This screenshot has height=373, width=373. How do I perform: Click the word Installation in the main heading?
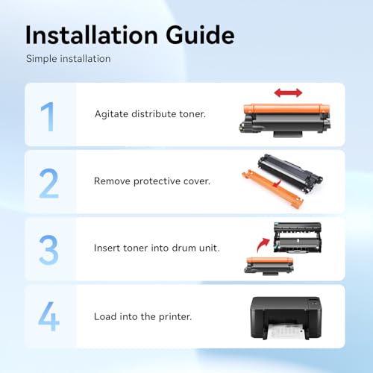pyautogui.click(x=92, y=35)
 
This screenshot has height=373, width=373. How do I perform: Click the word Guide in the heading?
pyautogui.click(x=200, y=35)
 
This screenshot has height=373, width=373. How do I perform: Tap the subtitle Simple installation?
pyautogui.click(x=69, y=59)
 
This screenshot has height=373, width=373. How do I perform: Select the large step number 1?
pyautogui.click(x=48, y=116)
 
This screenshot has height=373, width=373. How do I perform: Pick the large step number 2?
pyautogui.click(x=48, y=184)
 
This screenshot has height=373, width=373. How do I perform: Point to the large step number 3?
pyautogui.click(x=48, y=250)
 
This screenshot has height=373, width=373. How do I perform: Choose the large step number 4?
pyautogui.click(x=48, y=316)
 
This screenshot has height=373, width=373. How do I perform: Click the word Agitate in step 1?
pyautogui.click(x=111, y=114)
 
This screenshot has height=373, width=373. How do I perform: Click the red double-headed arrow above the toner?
pyautogui.click(x=288, y=93)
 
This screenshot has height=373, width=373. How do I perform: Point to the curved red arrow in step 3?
pyautogui.click(x=263, y=245)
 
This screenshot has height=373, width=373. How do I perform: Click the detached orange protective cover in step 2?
pyautogui.click(x=272, y=189)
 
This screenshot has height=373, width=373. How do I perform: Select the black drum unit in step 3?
pyautogui.click(x=298, y=238)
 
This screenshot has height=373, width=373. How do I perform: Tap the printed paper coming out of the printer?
pyautogui.click(x=286, y=331)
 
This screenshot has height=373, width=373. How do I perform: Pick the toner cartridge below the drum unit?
pyautogui.click(x=269, y=266)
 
